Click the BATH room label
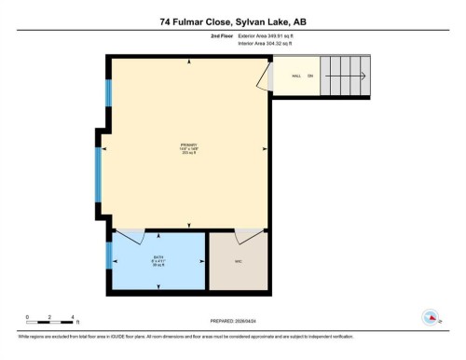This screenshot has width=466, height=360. coord(158,260)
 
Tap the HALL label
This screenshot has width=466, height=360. coord(295,76)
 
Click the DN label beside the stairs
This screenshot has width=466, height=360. coord(311,76)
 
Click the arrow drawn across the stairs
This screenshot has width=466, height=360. coord(345,76)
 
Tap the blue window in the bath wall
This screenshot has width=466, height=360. coord(109,255)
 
